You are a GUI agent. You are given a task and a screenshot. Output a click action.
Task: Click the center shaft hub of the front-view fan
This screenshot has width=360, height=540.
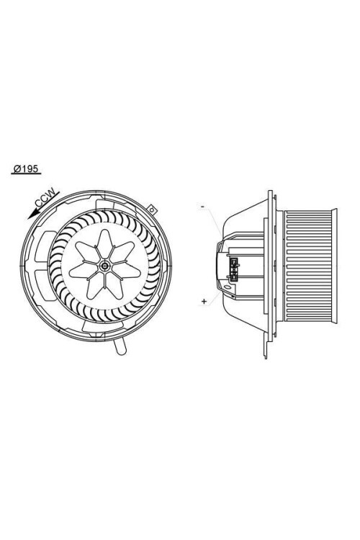(x=106, y=266)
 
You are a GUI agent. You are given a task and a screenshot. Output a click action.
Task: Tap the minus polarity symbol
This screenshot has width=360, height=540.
(x=203, y=207)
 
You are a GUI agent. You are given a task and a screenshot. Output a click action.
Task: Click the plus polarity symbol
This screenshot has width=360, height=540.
(x=204, y=300)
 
